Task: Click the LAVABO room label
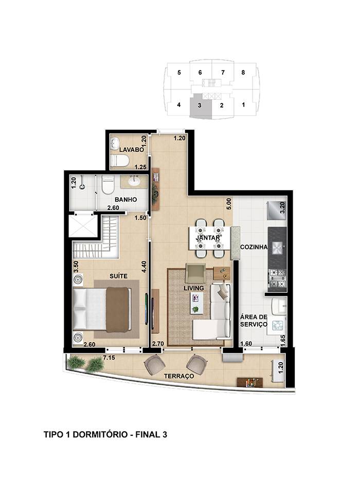[x=131, y=150]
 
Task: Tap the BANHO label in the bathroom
[x=125, y=200]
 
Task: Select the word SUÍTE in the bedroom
[x=118, y=276]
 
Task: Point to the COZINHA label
[x=254, y=247]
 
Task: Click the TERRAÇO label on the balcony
[x=179, y=376]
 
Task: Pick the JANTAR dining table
[x=209, y=238]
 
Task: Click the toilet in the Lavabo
[x=119, y=161]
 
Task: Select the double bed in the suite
[x=102, y=309]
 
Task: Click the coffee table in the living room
[x=196, y=303]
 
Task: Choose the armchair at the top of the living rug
[x=195, y=273]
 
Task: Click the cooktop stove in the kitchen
[x=277, y=278]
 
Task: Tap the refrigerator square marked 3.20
[x=277, y=210]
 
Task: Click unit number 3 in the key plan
[x=200, y=105]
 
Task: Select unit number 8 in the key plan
[x=243, y=73]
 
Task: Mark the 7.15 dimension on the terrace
[x=109, y=358]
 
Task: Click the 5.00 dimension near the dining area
[x=229, y=204]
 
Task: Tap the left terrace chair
[x=155, y=364]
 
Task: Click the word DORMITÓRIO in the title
[x=100, y=434]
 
